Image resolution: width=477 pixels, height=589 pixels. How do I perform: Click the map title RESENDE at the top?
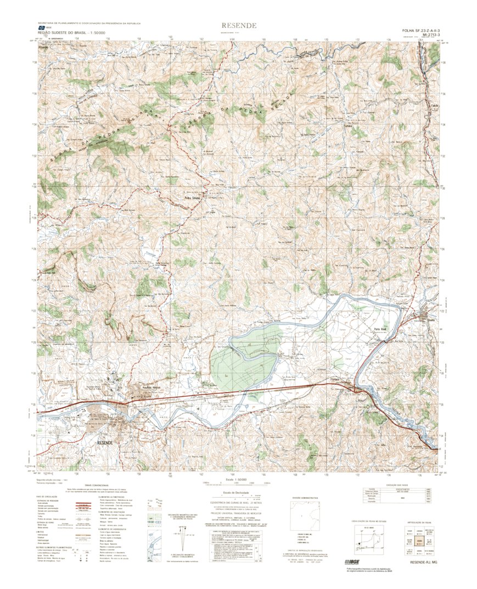[x=238, y=26]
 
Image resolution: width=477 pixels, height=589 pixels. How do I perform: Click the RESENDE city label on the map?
[x=104, y=442]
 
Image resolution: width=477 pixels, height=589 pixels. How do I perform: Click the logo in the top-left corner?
[x=41, y=28]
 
